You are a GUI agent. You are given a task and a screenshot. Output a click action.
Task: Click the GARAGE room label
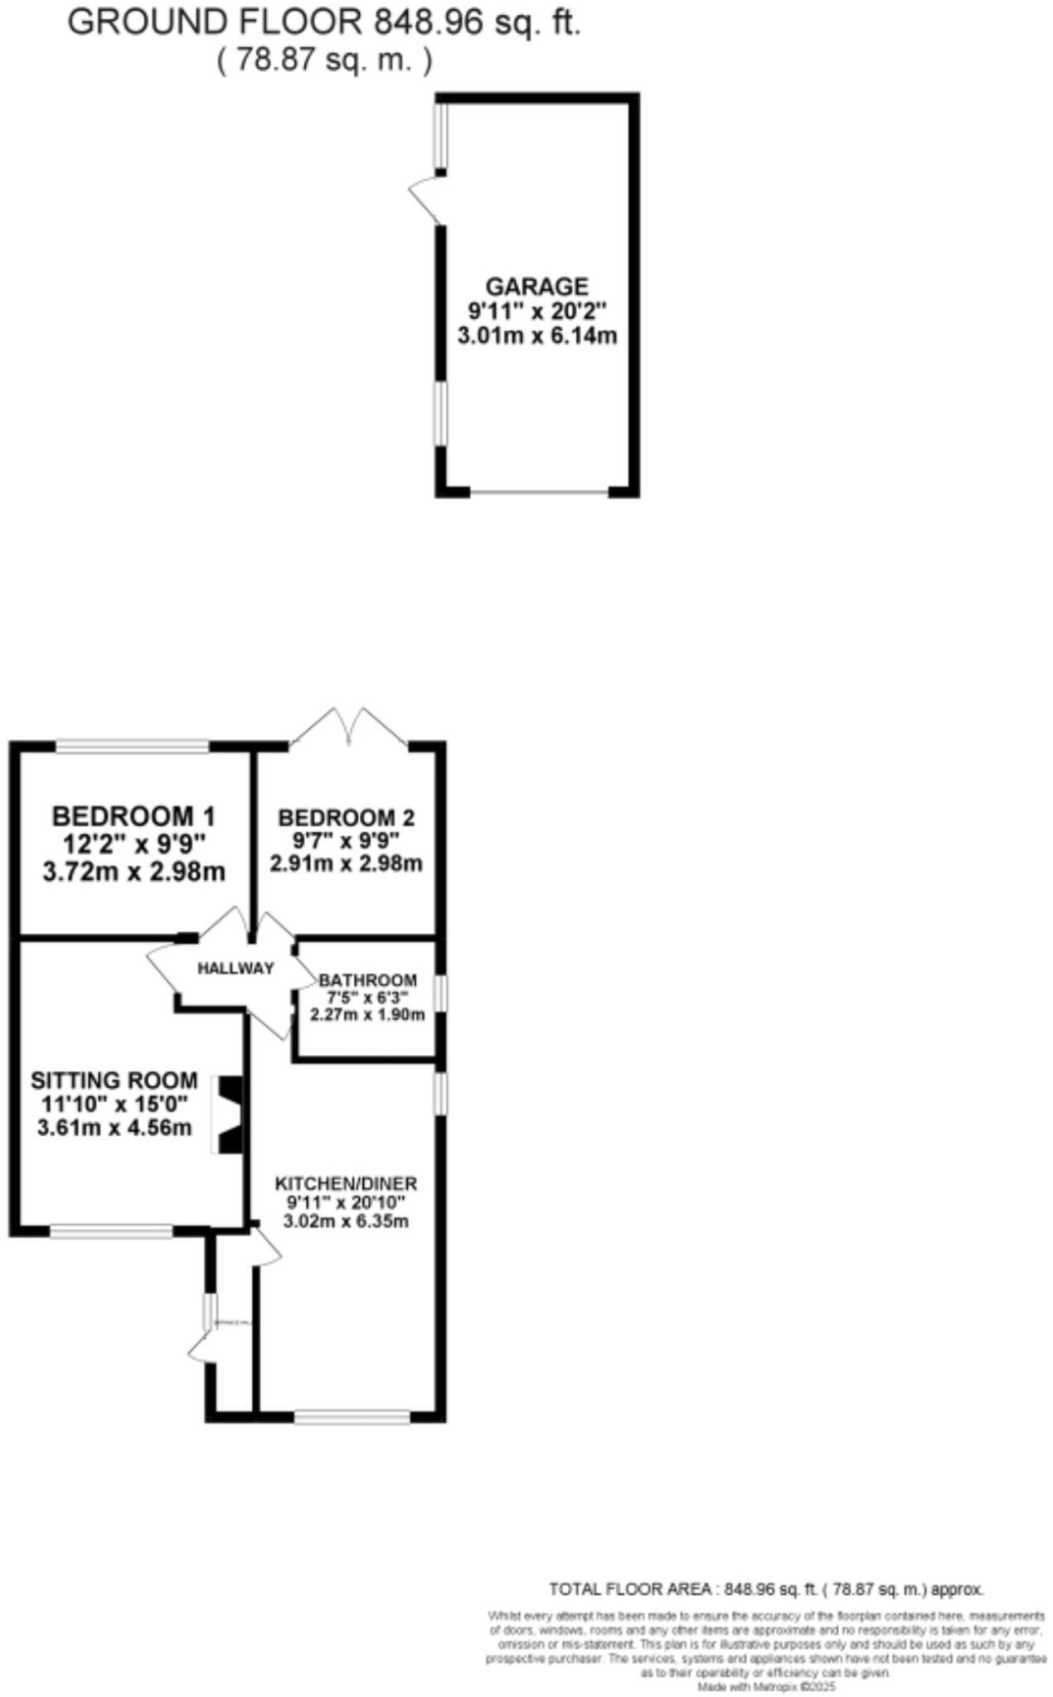[x=536, y=287]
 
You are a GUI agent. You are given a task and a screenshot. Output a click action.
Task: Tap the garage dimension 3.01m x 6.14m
[x=536, y=336]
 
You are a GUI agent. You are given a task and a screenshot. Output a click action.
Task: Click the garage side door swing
[x=425, y=197]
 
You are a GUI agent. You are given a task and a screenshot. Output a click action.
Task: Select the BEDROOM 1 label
[x=133, y=816]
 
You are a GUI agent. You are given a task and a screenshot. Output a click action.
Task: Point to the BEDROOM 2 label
[x=346, y=818]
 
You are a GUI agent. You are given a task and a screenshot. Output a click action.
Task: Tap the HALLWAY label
[x=235, y=968]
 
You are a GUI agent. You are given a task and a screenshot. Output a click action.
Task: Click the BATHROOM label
[x=368, y=980]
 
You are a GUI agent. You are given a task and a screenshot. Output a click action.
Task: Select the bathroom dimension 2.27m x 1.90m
[x=367, y=1014]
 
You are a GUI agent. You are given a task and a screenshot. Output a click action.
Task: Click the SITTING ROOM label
[x=114, y=1081]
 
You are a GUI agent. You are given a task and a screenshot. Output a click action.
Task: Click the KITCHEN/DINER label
[x=346, y=1183]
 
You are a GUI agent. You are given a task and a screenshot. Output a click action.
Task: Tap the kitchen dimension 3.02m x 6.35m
[x=346, y=1221]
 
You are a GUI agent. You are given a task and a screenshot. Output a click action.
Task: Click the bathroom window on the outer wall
[x=441, y=994]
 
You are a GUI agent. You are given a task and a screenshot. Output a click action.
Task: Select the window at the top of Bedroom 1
[x=132, y=747]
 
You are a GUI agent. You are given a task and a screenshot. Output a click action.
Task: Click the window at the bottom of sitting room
[x=111, y=1232]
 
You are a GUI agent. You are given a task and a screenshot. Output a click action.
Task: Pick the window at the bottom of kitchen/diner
[x=352, y=1418]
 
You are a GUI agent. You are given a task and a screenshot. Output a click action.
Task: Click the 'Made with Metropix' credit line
[x=765, y=1687]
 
